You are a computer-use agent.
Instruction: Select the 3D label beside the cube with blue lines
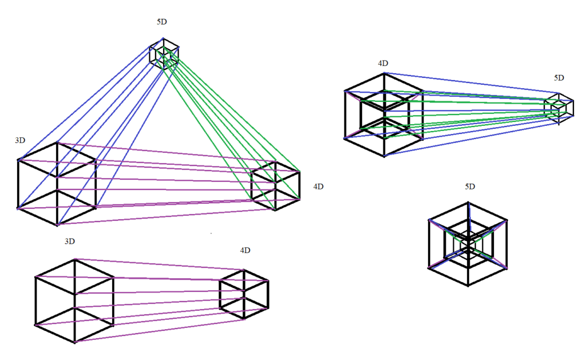click(x=21, y=141)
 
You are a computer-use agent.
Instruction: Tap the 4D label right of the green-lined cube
click(x=319, y=187)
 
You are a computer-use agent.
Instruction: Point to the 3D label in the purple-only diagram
click(x=70, y=242)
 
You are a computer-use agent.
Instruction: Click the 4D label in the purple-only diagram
click(x=245, y=251)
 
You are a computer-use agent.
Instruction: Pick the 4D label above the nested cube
click(x=383, y=63)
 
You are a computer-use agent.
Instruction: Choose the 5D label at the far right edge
click(x=559, y=78)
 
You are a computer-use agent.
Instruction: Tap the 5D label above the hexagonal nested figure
click(x=470, y=187)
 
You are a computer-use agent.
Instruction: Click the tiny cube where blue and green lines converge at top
click(x=164, y=54)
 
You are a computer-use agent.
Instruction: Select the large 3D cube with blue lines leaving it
click(x=57, y=183)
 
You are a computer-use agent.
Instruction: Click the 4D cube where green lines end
click(x=276, y=186)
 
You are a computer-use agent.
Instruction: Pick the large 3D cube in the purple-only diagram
click(x=74, y=301)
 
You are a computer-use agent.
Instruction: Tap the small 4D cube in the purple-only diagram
click(x=244, y=295)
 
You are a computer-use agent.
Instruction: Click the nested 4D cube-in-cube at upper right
click(x=383, y=114)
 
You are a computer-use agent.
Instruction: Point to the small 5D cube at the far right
click(x=559, y=108)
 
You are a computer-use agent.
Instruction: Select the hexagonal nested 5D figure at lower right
click(x=468, y=244)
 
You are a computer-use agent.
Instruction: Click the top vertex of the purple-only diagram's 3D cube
click(x=75, y=259)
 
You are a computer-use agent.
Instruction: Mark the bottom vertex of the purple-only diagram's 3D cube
click(x=75, y=343)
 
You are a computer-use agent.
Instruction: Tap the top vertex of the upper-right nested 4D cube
click(x=384, y=73)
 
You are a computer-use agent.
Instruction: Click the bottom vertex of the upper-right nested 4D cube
click(x=384, y=156)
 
